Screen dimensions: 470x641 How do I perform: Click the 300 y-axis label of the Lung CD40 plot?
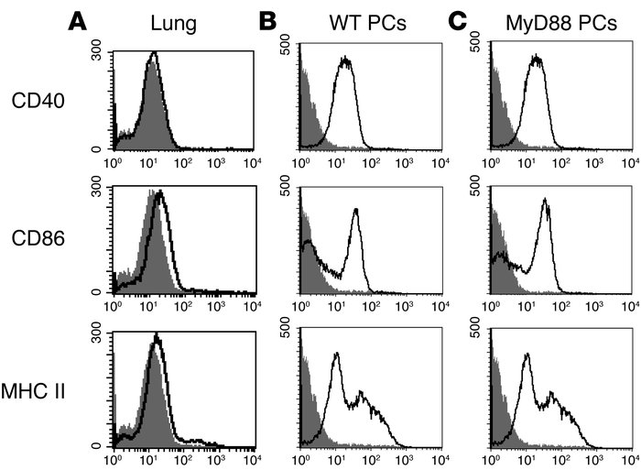(x=96, y=56)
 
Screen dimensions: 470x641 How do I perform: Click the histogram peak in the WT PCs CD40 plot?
(x=345, y=60)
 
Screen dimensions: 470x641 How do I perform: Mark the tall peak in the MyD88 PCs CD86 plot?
(x=546, y=202)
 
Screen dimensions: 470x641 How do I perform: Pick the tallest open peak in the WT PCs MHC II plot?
(x=337, y=355)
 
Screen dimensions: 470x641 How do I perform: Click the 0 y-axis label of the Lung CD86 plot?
(x=103, y=292)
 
